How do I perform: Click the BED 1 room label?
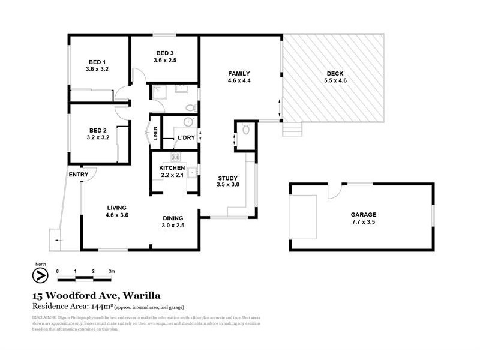click(x=97, y=62)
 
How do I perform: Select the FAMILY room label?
click(x=239, y=73)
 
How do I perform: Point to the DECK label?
click(x=335, y=73)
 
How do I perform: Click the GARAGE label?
click(x=363, y=214)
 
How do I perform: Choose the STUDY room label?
click(x=228, y=178)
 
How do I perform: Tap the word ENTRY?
click(x=79, y=175)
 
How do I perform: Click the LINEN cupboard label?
click(x=155, y=134)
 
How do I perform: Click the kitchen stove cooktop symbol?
click(x=176, y=157)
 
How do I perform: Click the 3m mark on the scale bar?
click(x=112, y=271)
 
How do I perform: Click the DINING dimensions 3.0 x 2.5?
click(x=173, y=226)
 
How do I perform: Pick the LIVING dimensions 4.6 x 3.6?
click(x=117, y=215)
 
